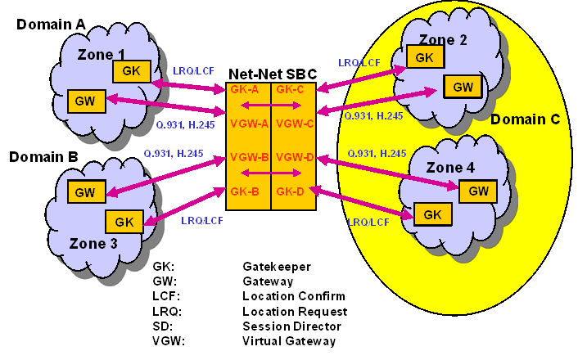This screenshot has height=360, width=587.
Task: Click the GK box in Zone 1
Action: pos(131,70)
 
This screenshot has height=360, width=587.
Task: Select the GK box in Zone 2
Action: pos(425,56)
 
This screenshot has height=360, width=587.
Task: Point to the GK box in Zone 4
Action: pos(432,215)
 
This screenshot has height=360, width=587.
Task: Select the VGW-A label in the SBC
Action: pos(248,124)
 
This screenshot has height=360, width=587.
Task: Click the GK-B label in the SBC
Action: pos(246,191)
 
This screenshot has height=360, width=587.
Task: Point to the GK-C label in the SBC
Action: pos(291,89)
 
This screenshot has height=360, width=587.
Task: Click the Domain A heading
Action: pos(51,25)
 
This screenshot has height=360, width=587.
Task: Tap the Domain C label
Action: pos(525,119)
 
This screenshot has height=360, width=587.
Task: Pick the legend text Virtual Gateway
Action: pos(289,341)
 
